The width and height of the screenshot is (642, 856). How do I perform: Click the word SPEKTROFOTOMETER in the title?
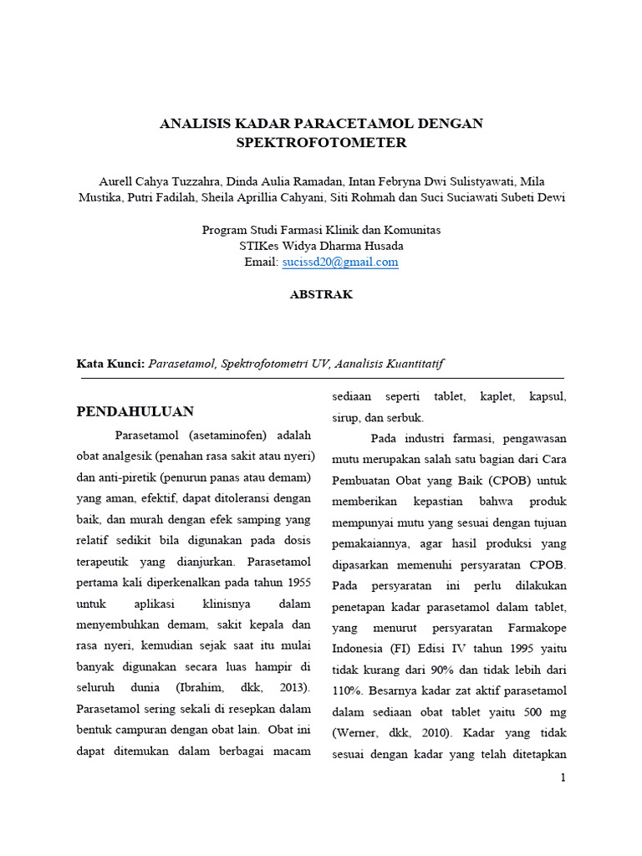(x=321, y=143)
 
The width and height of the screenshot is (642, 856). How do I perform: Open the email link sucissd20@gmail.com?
(x=340, y=262)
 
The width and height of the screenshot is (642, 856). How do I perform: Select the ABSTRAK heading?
(x=321, y=294)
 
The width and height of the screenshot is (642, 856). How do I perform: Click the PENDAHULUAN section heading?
(x=135, y=411)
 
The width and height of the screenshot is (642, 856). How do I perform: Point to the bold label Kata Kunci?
(x=110, y=364)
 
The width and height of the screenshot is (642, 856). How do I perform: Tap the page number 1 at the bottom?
(x=563, y=777)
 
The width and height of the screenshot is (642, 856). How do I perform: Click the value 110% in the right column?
(x=346, y=691)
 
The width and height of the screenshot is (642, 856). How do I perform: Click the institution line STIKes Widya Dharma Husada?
(x=321, y=246)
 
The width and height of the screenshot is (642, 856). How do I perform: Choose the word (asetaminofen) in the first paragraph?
(x=227, y=436)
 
